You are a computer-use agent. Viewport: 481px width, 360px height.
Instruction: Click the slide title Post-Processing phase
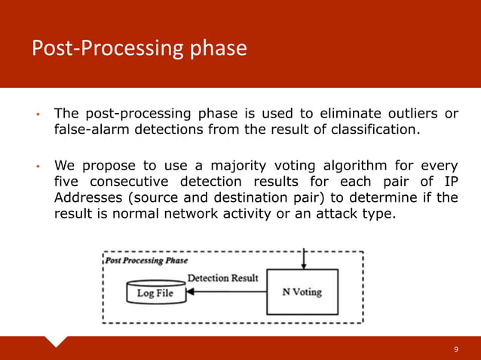139,48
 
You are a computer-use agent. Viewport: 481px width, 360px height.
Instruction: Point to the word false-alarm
94,130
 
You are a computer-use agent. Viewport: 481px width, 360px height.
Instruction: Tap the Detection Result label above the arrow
222,278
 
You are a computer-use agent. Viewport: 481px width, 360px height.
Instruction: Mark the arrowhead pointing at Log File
188,293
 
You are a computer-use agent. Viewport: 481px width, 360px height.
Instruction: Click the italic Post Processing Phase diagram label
146,261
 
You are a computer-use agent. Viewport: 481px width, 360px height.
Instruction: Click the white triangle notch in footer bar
57,340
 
